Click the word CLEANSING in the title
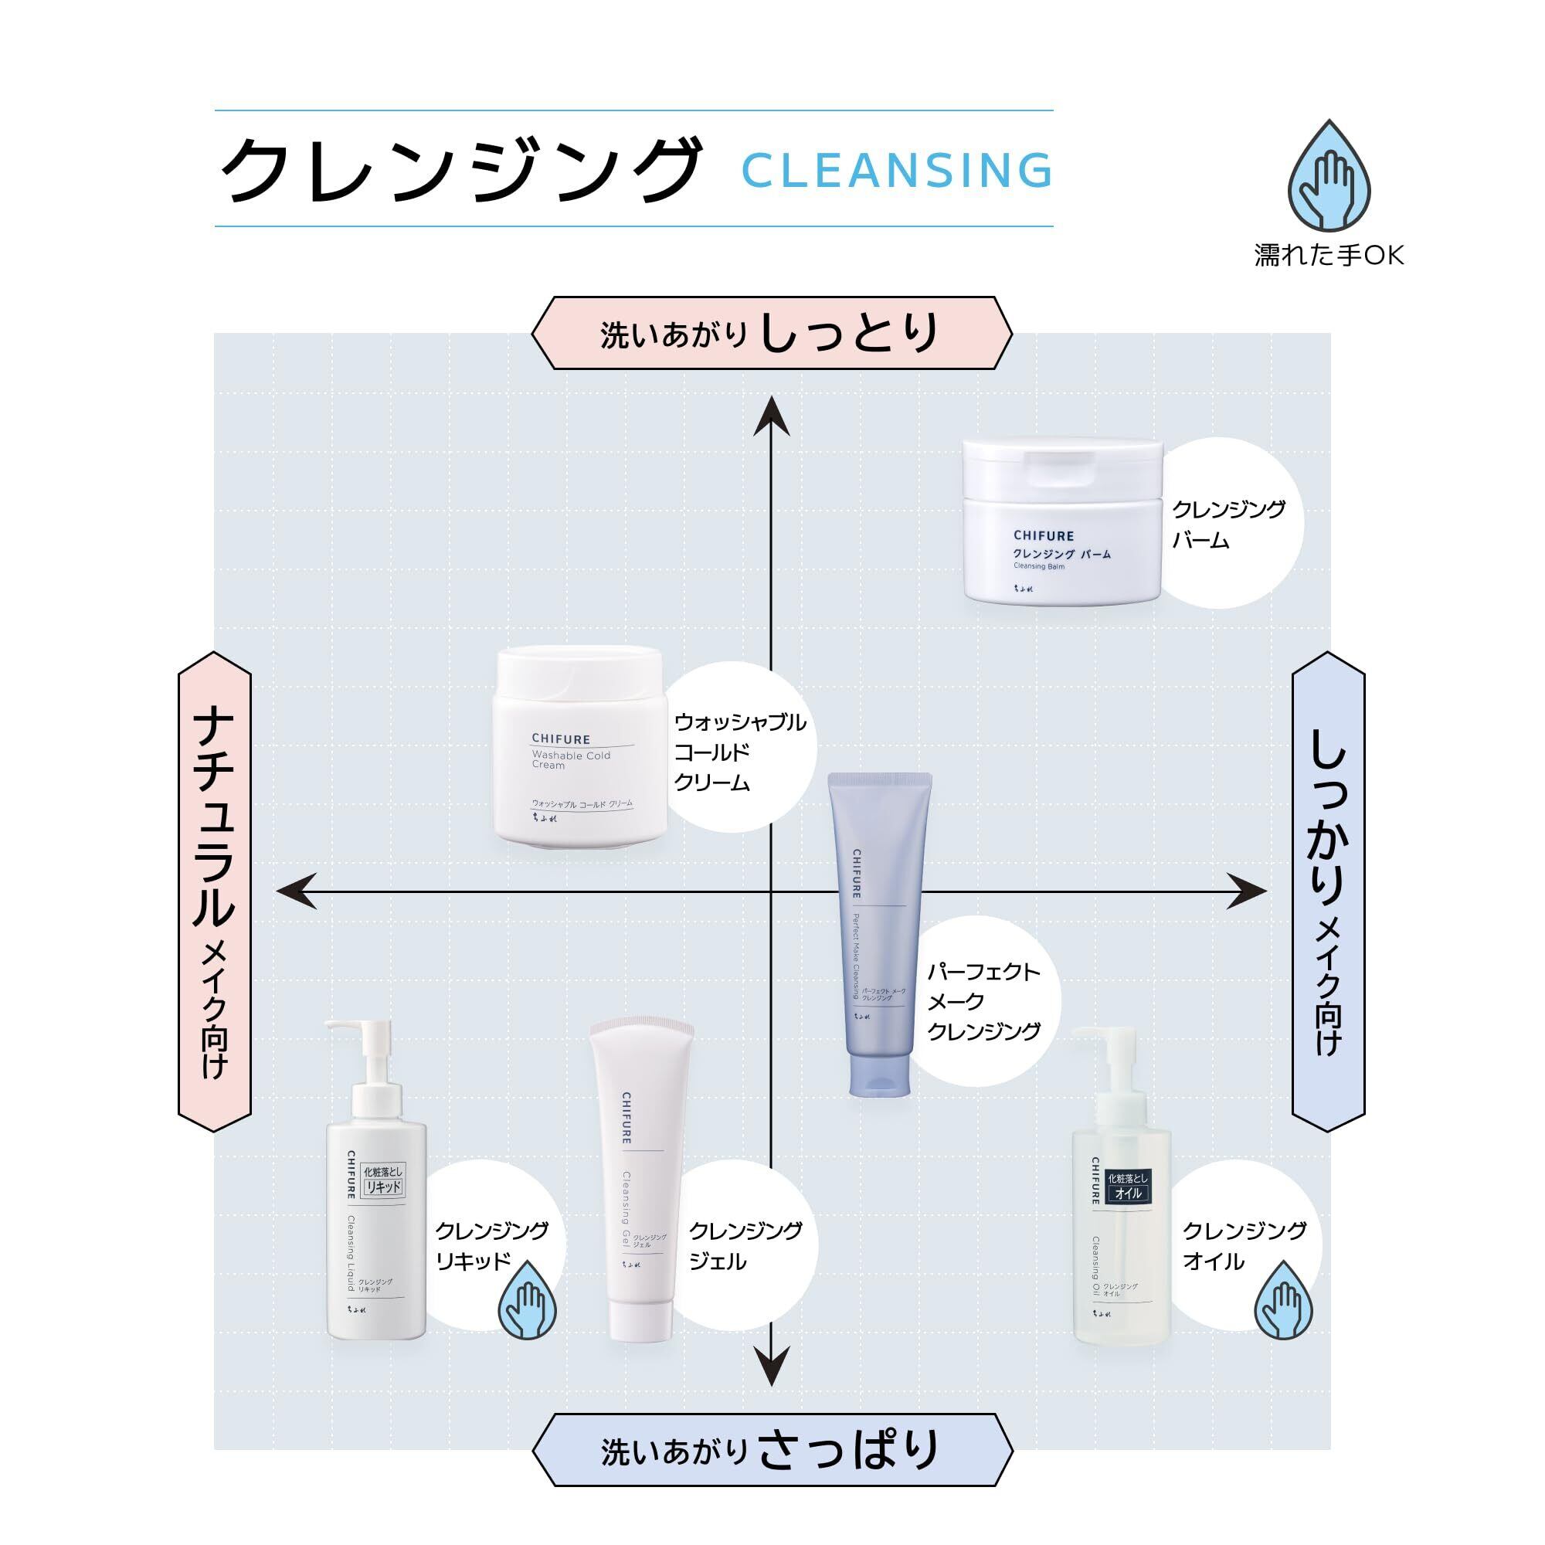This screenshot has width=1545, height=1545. point(896,169)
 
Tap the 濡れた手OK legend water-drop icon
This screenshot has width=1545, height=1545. point(1327,178)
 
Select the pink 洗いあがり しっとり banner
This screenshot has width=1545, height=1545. point(772,333)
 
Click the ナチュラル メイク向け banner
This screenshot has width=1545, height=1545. point(213,891)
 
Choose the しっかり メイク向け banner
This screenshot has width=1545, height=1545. point(1328,891)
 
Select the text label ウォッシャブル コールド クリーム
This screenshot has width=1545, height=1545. point(739,752)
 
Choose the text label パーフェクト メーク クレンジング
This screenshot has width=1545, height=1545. point(983,1002)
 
